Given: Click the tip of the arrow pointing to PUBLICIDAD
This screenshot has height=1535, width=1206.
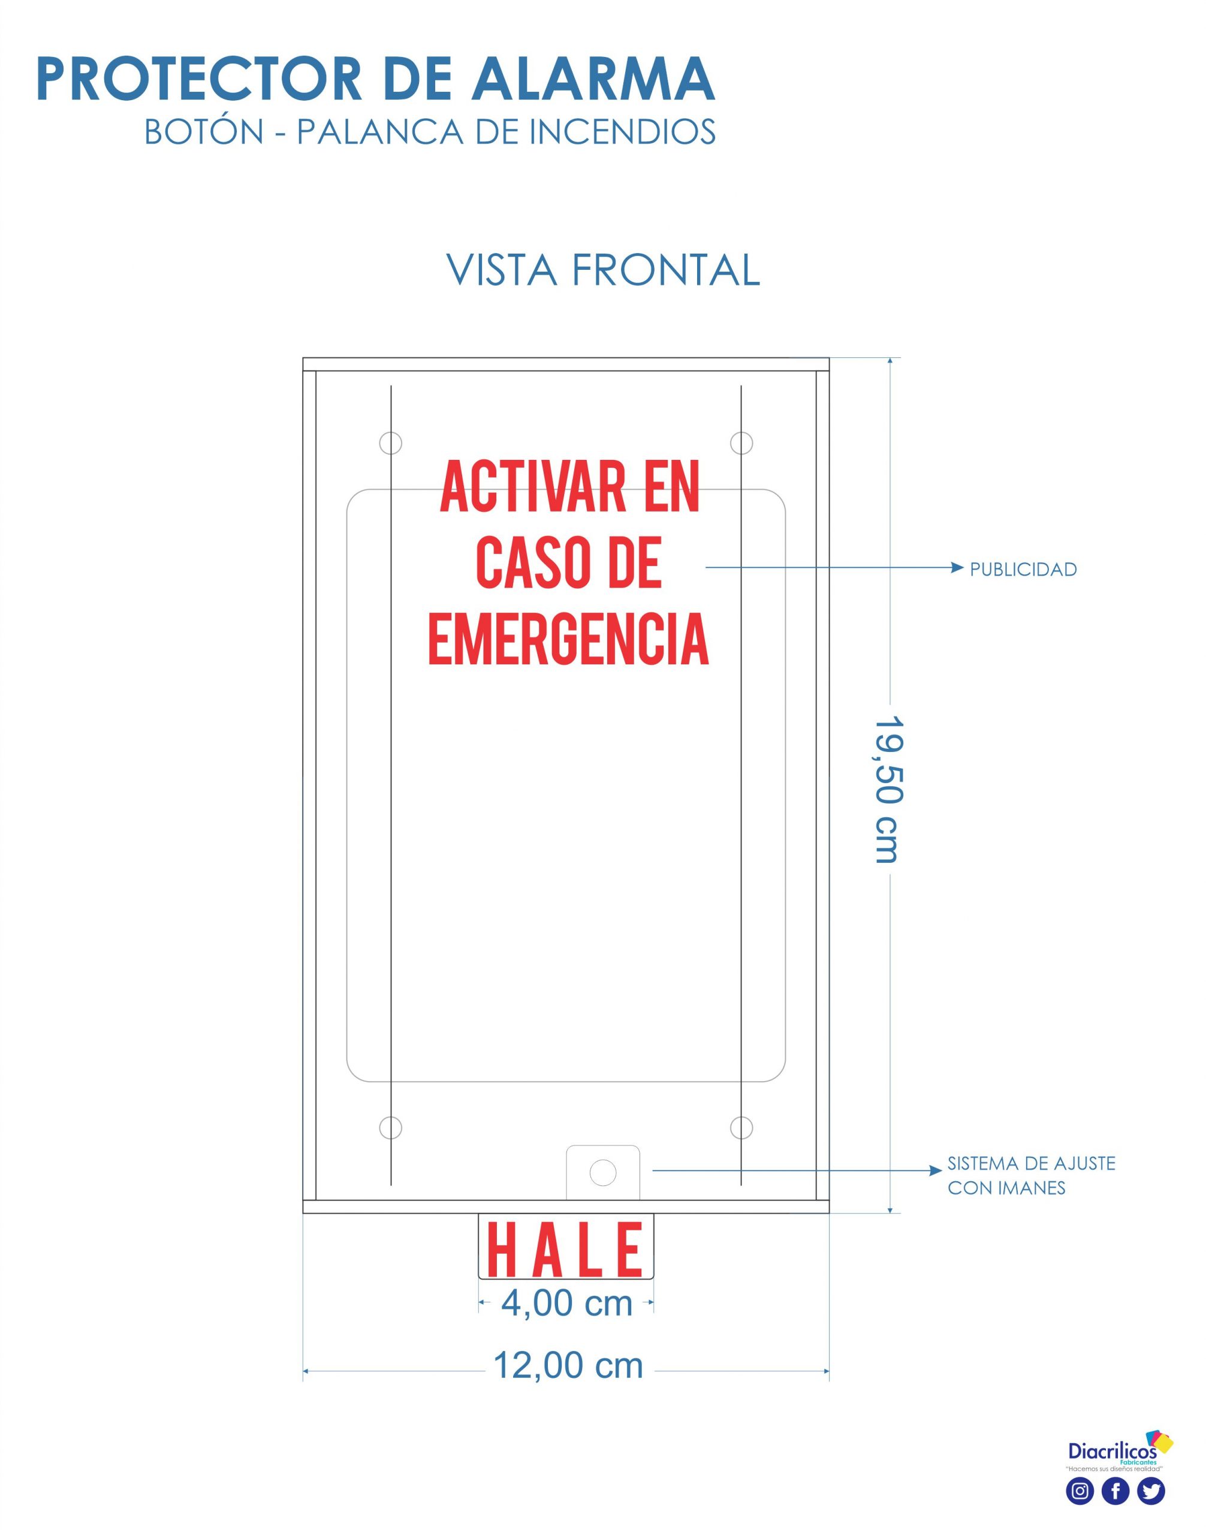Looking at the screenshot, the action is [x=963, y=567].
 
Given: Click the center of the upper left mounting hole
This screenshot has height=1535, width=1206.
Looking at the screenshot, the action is [x=390, y=443].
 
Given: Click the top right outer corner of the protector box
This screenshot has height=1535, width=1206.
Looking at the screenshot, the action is [x=829, y=358].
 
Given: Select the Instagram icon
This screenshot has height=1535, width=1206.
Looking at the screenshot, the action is [x=1080, y=1491].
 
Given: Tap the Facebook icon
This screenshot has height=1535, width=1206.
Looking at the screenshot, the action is [x=1115, y=1491].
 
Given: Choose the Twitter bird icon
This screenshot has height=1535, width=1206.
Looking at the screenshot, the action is [x=1151, y=1491].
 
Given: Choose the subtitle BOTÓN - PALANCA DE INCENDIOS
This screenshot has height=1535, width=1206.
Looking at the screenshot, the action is [x=430, y=131].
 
